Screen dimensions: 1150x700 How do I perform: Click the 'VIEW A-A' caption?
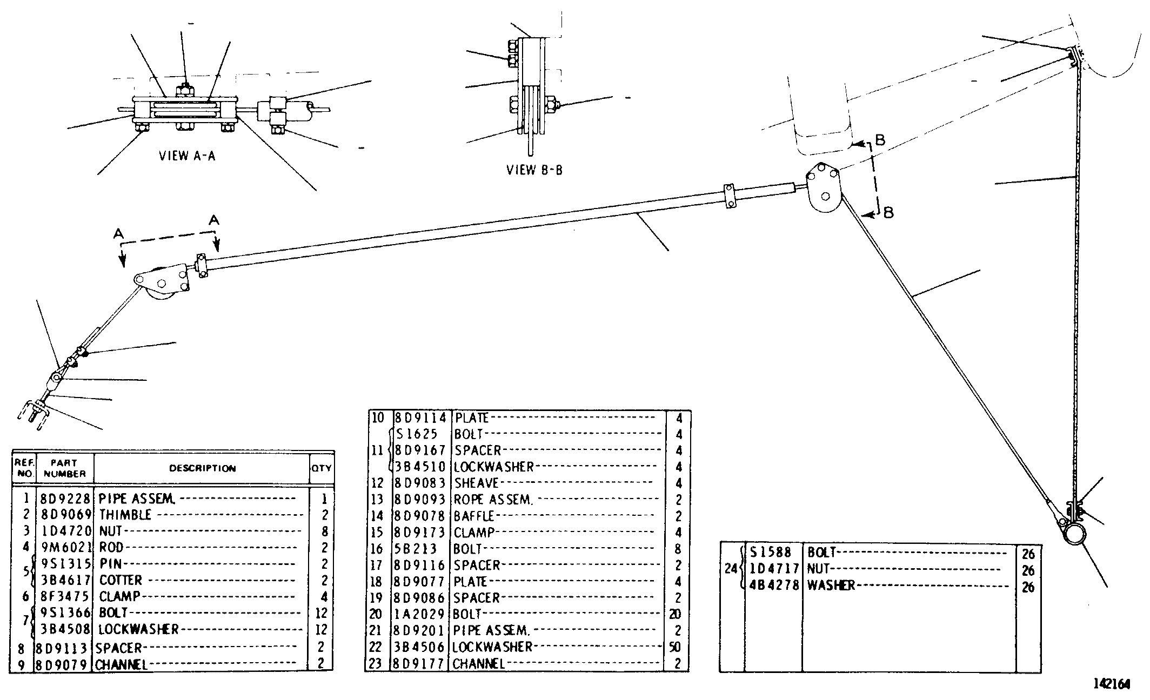click(x=187, y=156)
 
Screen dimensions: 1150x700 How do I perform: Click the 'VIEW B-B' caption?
click(x=534, y=170)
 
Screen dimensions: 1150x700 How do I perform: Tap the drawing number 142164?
click(x=1112, y=684)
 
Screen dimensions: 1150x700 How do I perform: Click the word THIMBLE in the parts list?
click(x=125, y=515)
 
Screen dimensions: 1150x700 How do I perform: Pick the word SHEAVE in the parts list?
click(x=476, y=483)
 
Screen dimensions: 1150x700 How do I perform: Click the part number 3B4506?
click(x=420, y=647)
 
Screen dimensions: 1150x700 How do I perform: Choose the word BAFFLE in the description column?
click(x=474, y=516)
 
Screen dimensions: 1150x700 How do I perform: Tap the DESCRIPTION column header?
click(x=203, y=468)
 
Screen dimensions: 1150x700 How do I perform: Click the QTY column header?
click(x=321, y=468)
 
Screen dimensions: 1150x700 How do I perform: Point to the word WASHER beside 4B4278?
click(x=831, y=585)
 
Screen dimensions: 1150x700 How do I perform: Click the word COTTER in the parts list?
click(x=121, y=580)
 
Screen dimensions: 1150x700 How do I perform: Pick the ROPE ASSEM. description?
click(x=493, y=500)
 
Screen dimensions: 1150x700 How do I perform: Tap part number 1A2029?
click(x=420, y=614)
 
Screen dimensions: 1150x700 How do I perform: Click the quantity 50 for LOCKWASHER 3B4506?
click(x=675, y=647)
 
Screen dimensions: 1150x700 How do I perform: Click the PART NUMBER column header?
click(x=65, y=468)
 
